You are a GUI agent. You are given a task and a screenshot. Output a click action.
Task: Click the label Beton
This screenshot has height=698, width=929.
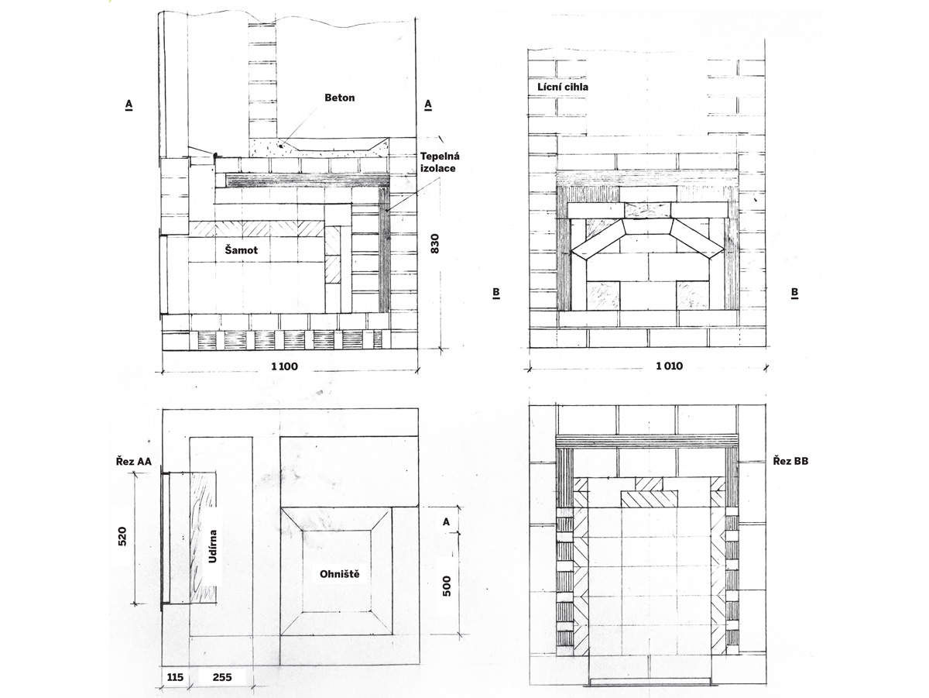pyautogui.click(x=339, y=98)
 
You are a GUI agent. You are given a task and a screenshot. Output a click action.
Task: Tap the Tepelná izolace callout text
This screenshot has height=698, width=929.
pyautogui.click(x=440, y=162)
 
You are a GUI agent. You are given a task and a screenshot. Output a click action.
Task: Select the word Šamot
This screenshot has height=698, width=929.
pyautogui.click(x=242, y=250)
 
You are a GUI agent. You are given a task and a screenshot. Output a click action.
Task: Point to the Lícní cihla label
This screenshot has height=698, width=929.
pyautogui.click(x=563, y=88)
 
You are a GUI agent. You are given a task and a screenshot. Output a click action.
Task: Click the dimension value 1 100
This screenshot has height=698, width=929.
pyautogui.click(x=284, y=366)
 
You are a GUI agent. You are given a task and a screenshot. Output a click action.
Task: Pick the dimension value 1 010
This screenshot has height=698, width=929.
pyautogui.click(x=669, y=366)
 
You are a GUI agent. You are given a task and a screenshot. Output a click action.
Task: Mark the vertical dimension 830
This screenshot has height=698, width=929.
pyautogui.click(x=434, y=243)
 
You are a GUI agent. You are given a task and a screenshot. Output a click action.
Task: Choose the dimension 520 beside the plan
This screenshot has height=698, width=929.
pyautogui.click(x=122, y=536)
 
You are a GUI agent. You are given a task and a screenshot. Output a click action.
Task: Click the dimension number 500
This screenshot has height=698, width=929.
pyautogui.click(x=447, y=586)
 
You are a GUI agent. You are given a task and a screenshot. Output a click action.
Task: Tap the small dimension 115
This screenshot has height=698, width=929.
pyautogui.click(x=175, y=677)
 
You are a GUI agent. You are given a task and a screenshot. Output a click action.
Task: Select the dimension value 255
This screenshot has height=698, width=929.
pyautogui.click(x=222, y=677)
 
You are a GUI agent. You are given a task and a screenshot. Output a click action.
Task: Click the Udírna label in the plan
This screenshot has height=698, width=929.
pyautogui.click(x=213, y=546)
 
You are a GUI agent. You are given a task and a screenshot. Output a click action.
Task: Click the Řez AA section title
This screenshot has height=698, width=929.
pyautogui.click(x=134, y=461)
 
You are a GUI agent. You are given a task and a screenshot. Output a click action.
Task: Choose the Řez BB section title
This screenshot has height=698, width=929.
pyautogui.click(x=790, y=461)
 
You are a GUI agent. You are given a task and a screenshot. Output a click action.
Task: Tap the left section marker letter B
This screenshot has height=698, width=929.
pyautogui.click(x=496, y=293)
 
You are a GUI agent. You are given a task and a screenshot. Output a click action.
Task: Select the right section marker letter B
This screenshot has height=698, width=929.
pyautogui.click(x=794, y=293)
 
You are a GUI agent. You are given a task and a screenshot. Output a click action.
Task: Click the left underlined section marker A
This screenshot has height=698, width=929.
pyautogui.click(x=129, y=105)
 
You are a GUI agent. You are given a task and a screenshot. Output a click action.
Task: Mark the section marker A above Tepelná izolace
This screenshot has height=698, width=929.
pyautogui.click(x=428, y=105)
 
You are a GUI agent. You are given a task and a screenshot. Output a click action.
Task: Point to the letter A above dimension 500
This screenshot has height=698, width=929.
pyautogui.click(x=446, y=522)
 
